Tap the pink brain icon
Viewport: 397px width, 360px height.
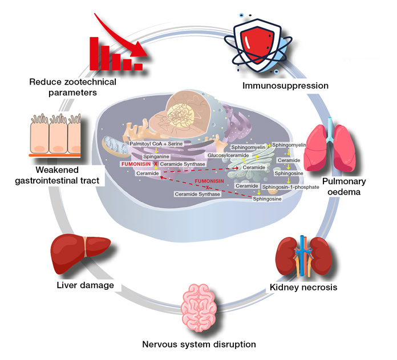(x=199, y=307)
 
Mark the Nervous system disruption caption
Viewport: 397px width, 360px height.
(x=198, y=344)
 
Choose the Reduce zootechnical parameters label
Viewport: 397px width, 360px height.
(x=72, y=87)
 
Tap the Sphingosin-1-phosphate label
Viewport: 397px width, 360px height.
(x=289, y=187)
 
